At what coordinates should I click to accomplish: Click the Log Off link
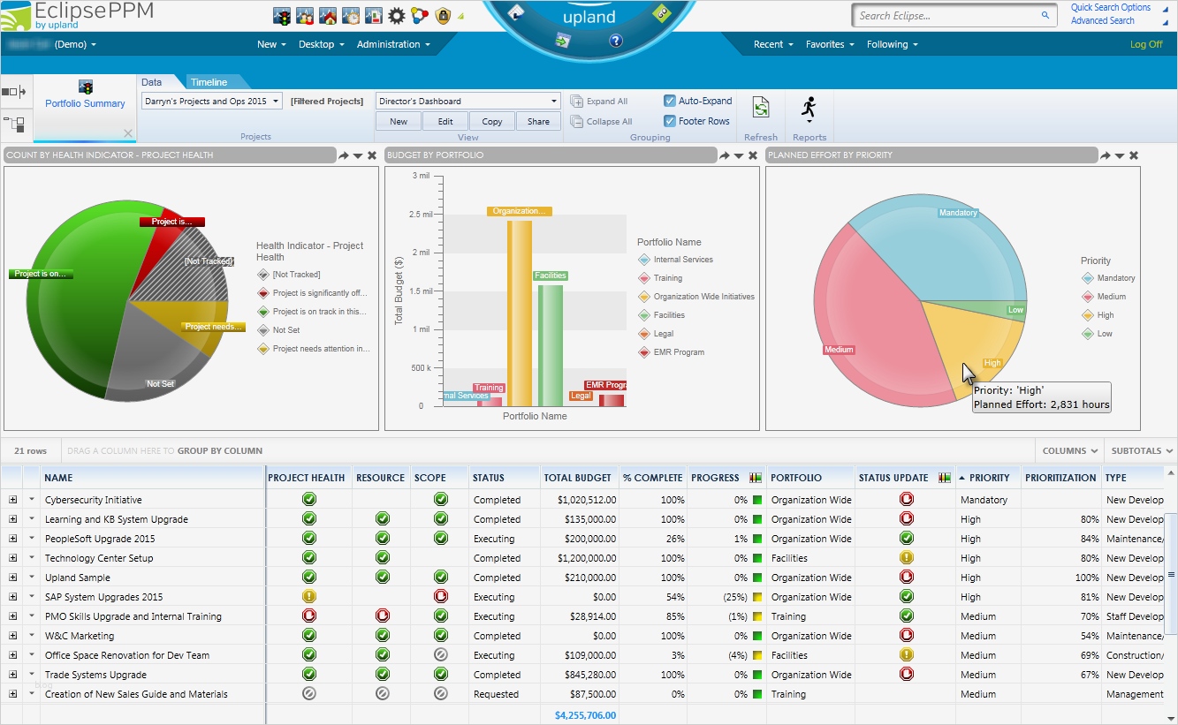[1146, 44]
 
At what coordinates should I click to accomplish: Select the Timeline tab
[209, 82]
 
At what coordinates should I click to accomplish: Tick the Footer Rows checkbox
[670, 121]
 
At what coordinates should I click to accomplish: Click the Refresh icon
[761, 108]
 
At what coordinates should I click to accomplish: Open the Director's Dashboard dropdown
[467, 101]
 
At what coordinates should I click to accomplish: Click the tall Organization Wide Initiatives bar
[520, 309]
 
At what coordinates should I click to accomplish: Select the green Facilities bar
[550, 344]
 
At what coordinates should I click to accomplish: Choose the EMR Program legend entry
[679, 352]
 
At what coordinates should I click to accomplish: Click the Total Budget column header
[577, 478]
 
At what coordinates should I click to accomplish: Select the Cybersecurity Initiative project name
[94, 500]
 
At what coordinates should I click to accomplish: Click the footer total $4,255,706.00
[585, 715]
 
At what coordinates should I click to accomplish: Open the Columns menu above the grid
[1070, 451]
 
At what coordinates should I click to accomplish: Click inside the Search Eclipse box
[946, 15]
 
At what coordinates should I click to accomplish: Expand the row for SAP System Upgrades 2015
[12, 597]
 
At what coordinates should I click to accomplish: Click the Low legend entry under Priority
[1105, 334]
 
